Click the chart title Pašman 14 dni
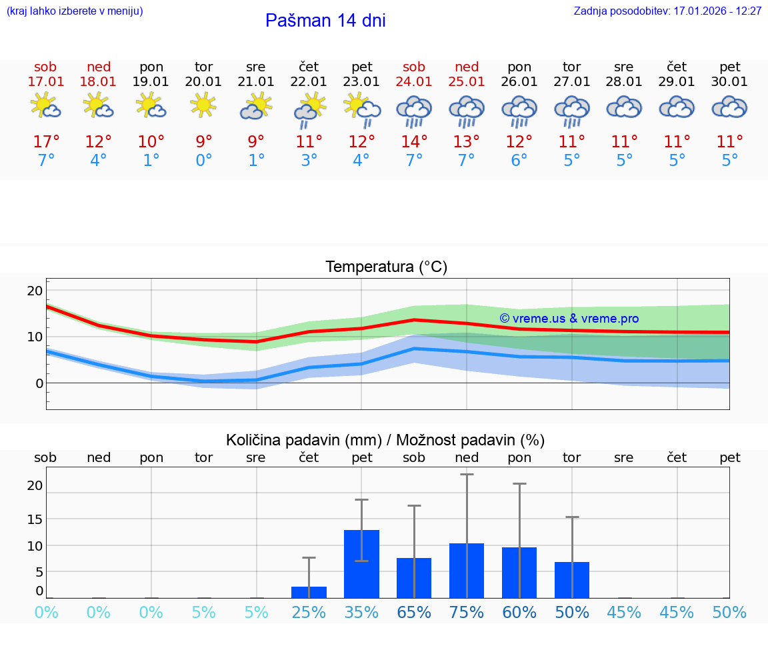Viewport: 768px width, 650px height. coord(325,21)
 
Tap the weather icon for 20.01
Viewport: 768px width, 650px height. coord(203,105)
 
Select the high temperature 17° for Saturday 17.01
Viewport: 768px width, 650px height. coord(46,142)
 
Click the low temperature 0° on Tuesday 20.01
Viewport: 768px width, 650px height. coord(203,161)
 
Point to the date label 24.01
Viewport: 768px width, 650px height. coord(414,82)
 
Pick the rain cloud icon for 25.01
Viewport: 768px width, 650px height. coord(467,110)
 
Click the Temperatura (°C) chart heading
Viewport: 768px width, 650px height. coord(386,267)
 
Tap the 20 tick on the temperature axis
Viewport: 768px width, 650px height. coord(35,291)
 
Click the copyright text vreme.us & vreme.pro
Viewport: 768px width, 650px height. coord(569,319)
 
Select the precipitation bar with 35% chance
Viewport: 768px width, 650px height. coord(361,564)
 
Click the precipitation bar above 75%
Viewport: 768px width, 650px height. coord(467,571)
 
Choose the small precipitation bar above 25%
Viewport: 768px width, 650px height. coord(309,592)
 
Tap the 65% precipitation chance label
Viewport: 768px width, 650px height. coord(414,613)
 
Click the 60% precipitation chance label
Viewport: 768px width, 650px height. coord(519,613)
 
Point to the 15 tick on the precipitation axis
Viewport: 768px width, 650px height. coord(35,519)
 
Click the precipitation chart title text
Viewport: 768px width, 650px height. coord(385,440)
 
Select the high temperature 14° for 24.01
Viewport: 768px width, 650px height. coord(414,142)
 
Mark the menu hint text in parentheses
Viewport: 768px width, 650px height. coord(75,11)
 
